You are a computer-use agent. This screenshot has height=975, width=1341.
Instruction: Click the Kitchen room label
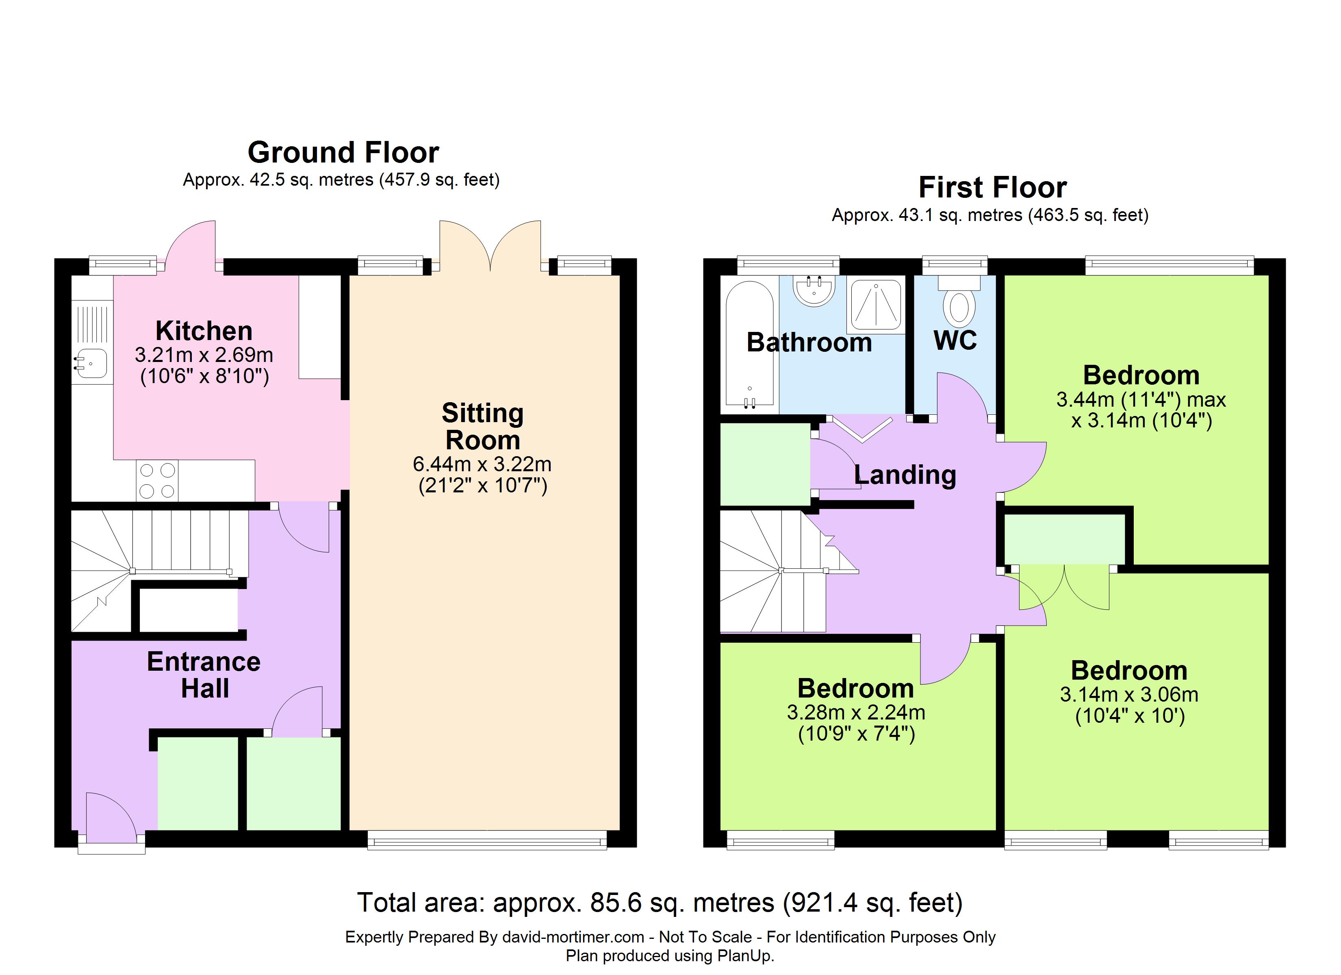tap(204, 331)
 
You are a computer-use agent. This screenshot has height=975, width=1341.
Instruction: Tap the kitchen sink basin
tap(91, 363)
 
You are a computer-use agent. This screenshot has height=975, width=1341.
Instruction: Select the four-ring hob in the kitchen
tap(157, 481)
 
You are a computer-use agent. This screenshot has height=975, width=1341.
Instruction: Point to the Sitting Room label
tap(482, 426)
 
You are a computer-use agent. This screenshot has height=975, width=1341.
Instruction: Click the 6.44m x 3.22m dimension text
tap(482, 464)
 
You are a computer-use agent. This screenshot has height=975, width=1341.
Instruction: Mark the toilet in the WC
tap(959, 300)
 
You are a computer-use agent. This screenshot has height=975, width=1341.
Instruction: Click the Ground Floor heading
tap(343, 153)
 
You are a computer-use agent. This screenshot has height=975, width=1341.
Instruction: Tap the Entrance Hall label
tap(204, 675)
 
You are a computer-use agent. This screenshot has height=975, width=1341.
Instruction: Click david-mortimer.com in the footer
tap(573, 937)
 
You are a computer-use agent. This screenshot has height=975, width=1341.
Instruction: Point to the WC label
tap(955, 340)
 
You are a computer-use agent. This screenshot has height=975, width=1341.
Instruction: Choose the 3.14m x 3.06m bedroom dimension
tap(1129, 695)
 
